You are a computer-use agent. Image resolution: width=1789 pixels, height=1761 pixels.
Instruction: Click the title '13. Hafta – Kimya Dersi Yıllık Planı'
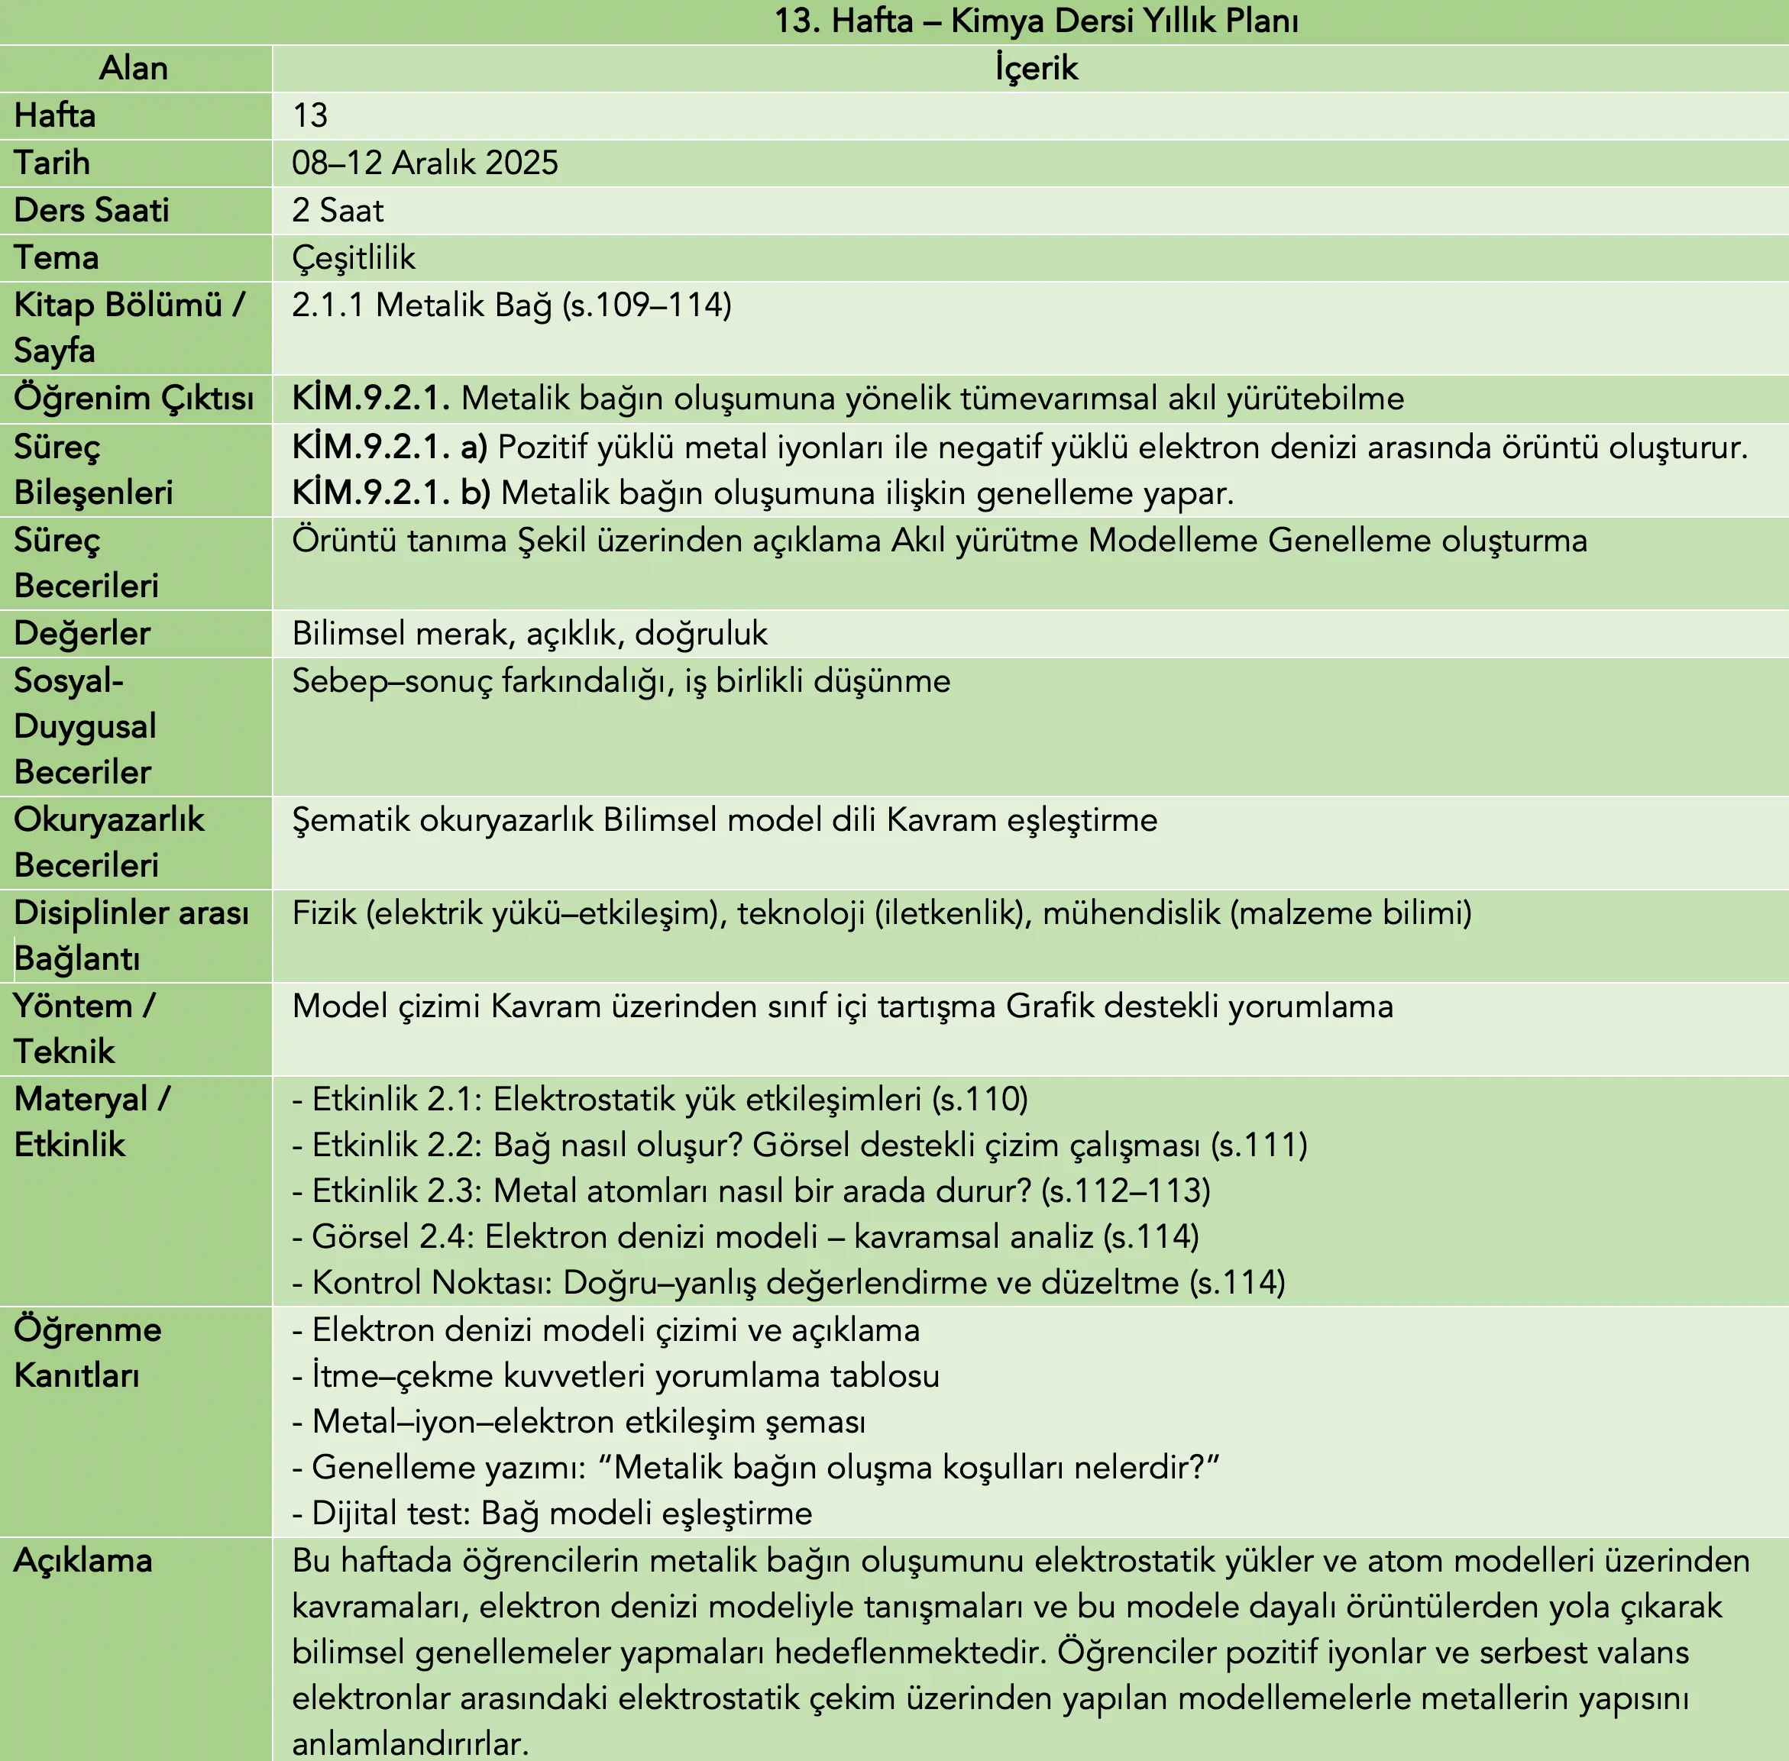click(x=1035, y=21)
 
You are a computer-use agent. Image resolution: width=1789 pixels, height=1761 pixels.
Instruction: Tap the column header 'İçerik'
click(x=1036, y=69)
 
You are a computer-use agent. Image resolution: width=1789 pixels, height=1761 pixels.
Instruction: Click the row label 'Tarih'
click(x=52, y=163)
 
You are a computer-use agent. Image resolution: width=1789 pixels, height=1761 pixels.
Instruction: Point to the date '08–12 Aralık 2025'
click(x=425, y=163)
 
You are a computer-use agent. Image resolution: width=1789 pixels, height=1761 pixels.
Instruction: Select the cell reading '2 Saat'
click(x=338, y=210)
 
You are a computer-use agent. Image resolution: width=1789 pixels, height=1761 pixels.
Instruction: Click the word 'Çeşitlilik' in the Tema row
click(x=354, y=257)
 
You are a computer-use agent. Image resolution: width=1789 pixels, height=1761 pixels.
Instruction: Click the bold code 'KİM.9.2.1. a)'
click(x=390, y=447)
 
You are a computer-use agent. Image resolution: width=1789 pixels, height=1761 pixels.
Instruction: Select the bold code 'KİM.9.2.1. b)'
click(x=391, y=493)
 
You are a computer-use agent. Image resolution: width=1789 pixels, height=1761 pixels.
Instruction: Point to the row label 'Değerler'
click(x=82, y=634)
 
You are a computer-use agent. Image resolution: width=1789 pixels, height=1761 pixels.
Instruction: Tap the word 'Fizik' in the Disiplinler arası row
click(x=324, y=913)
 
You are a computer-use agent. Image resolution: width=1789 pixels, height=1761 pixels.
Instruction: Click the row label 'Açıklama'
click(x=82, y=1560)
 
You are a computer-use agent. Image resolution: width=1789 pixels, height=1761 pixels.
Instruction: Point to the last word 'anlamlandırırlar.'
click(x=409, y=1743)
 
